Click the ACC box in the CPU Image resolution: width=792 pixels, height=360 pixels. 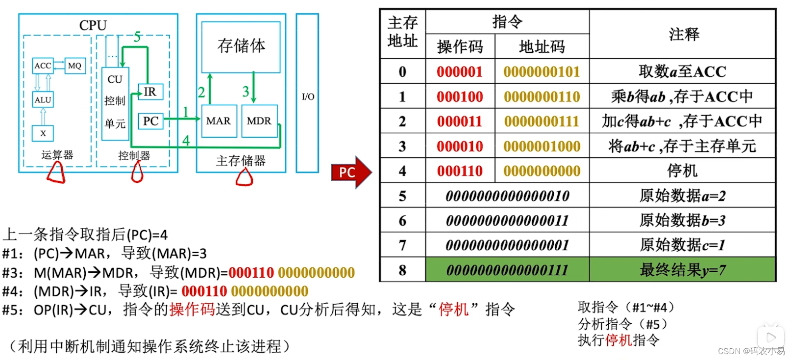tap(43, 66)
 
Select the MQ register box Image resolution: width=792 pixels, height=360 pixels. tap(74, 66)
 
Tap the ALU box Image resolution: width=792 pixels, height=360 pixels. tap(43, 100)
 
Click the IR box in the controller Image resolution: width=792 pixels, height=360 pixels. tap(150, 92)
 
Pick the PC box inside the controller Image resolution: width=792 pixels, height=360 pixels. tap(150, 121)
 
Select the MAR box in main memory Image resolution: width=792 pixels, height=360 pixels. tap(218, 120)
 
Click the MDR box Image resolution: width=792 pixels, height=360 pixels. tap(259, 120)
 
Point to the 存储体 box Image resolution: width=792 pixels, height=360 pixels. tap(241, 47)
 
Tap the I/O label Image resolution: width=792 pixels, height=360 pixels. tap(308, 96)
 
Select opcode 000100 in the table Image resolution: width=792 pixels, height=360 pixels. tap(460, 96)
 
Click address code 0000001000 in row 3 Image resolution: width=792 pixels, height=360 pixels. tap(542, 146)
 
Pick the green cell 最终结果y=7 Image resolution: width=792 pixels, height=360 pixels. tap(682, 270)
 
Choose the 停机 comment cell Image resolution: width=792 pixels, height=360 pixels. tap(682, 171)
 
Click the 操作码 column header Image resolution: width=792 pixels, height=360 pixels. tap(460, 47)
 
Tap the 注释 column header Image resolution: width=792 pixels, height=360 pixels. tap(684, 34)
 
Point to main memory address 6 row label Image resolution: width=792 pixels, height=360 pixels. tap(402, 220)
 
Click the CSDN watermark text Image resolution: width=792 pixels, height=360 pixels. tap(750, 351)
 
